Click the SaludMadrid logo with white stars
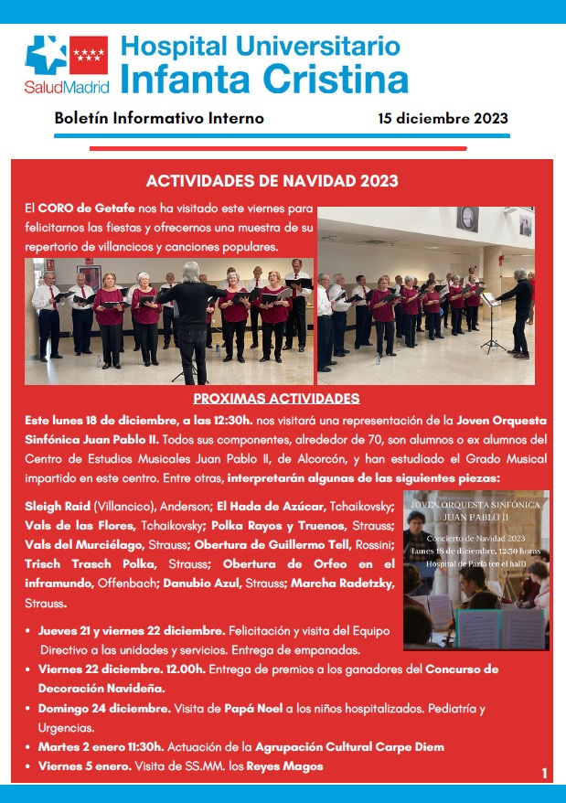click(67, 64)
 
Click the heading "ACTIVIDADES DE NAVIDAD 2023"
click(272, 181)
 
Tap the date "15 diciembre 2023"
click(443, 119)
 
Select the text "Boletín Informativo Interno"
click(159, 119)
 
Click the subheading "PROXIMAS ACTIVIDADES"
click(276, 399)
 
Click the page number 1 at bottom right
click(544, 774)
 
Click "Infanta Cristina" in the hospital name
click(263, 78)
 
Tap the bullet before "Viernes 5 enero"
click(28, 766)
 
